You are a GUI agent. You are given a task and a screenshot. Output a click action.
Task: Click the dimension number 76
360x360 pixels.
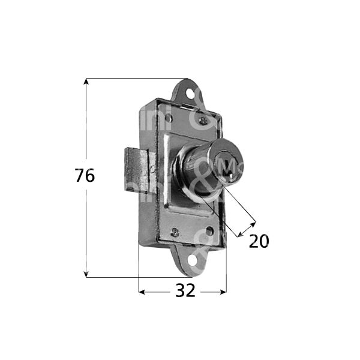pos(85,176)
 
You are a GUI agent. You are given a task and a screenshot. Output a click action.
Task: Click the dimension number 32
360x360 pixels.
pos(185,291)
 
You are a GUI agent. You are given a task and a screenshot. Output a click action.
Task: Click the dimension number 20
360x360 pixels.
pos(259,241)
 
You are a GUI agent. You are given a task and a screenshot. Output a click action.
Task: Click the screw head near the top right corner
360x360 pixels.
pos(206,122)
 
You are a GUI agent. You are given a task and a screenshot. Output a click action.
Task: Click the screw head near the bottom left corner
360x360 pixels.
pos(175,232)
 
